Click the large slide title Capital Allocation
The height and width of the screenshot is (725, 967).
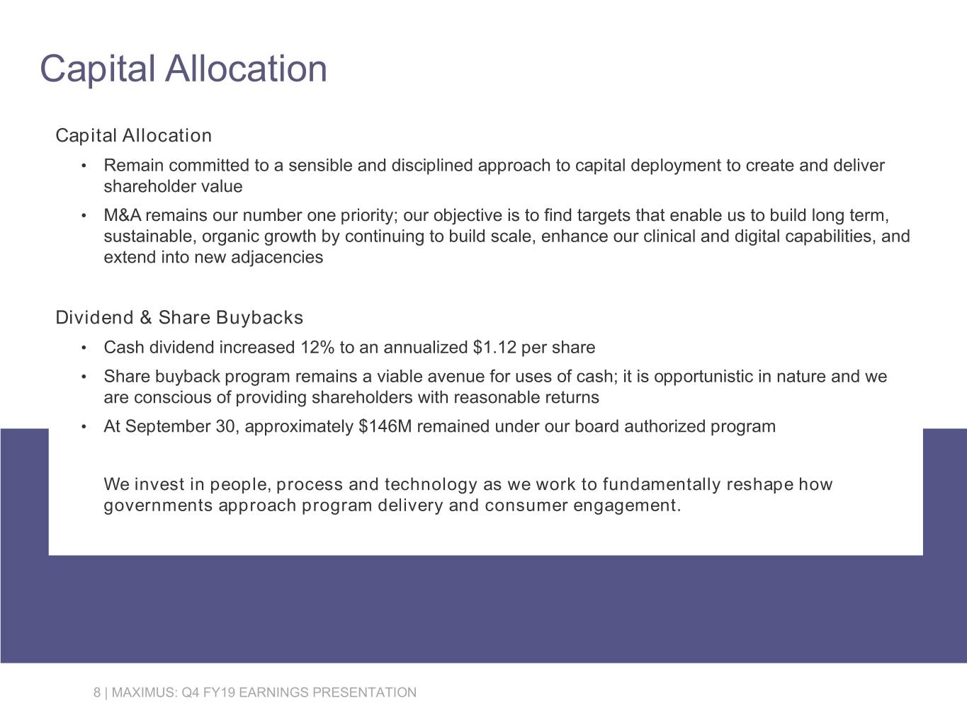[183, 69]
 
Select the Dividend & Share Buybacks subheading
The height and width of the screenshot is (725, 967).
[179, 318]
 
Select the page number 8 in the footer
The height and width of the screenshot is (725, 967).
[97, 692]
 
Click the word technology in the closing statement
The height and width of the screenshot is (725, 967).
[431, 485]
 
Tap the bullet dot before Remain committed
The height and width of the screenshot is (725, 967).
[84, 166]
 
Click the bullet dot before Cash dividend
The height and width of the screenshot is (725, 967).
[84, 348]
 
